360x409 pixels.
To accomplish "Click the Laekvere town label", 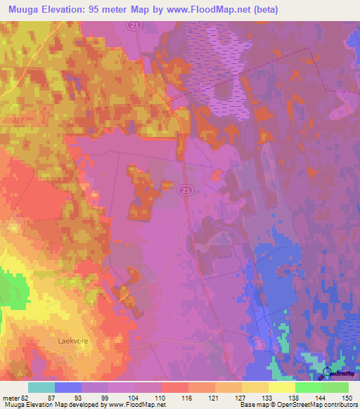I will pos(71,339).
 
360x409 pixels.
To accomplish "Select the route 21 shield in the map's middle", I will pos(184,190).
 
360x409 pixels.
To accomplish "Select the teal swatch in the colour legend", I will pos(41,387).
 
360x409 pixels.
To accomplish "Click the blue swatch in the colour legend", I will pos(68,387).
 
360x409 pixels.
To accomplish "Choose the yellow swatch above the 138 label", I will pos(282,387).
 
